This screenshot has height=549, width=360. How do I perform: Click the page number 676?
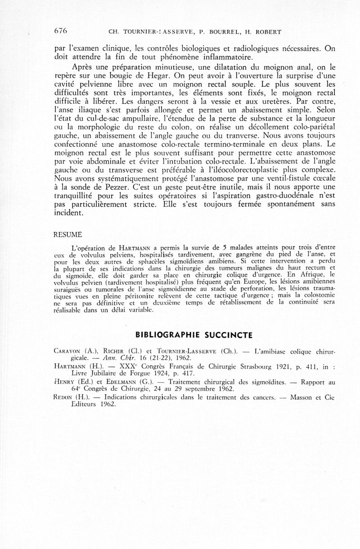[x=60, y=31]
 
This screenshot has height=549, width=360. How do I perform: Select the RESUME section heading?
[x=67, y=235]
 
